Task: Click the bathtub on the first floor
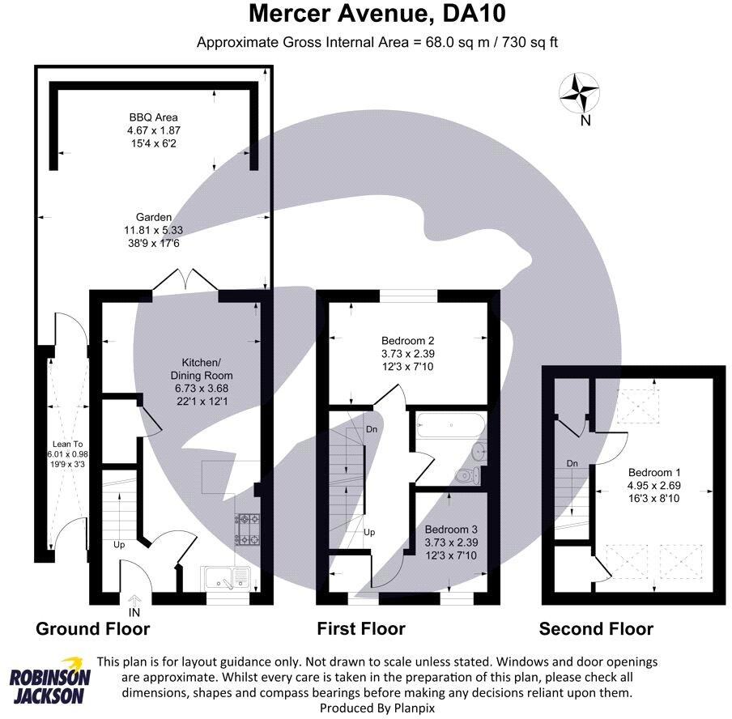[448, 424]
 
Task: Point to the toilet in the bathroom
[468, 475]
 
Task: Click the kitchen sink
[228, 577]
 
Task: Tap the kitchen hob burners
[247, 528]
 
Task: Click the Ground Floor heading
[92, 628]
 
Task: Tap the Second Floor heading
[596, 628]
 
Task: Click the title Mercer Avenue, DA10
[369, 14]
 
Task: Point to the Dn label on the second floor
[572, 464]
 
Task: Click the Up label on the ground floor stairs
[119, 545]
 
